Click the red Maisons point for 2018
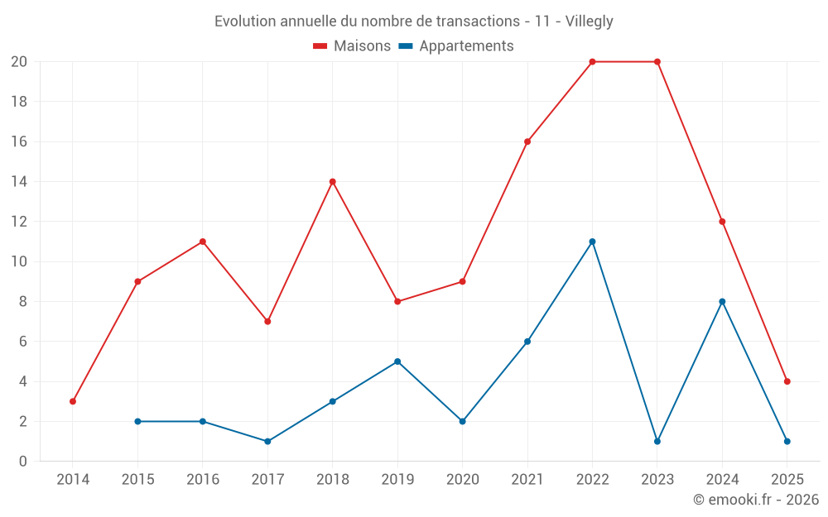point(333,182)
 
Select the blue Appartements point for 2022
point(592,242)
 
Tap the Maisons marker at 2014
point(73,401)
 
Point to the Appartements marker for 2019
point(397,361)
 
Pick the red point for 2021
point(527,141)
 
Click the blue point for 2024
point(722,302)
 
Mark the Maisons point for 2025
point(787,381)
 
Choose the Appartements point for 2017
point(267,441)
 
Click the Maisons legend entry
point(352,46)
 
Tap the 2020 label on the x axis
point(462,479)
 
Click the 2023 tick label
point(657,479)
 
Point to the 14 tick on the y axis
point(19,182)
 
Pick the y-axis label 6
point(23,342)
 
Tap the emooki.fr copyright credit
point(756,500)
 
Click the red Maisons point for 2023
point(657,62)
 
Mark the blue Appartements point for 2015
point(137,421)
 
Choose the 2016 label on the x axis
point(203,479)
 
